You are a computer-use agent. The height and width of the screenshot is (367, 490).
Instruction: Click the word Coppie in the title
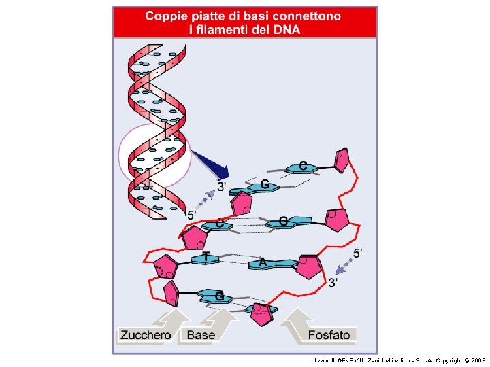170,16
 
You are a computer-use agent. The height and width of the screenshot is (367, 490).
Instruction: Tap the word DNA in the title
287,29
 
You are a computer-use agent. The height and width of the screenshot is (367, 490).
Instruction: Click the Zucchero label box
146,334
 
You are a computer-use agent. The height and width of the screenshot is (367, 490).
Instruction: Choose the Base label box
201,334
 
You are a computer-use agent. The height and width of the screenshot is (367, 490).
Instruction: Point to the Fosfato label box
329,334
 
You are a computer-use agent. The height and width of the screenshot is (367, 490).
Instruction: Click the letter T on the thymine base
205,256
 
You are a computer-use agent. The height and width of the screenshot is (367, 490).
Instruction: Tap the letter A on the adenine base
262,262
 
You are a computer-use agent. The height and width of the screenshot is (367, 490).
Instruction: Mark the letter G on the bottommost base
220,296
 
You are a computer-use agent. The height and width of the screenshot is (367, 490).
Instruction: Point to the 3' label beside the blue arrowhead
222,186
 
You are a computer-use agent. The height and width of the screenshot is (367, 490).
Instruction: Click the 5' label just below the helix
193,215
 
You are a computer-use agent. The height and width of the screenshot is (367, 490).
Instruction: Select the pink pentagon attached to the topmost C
342,160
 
